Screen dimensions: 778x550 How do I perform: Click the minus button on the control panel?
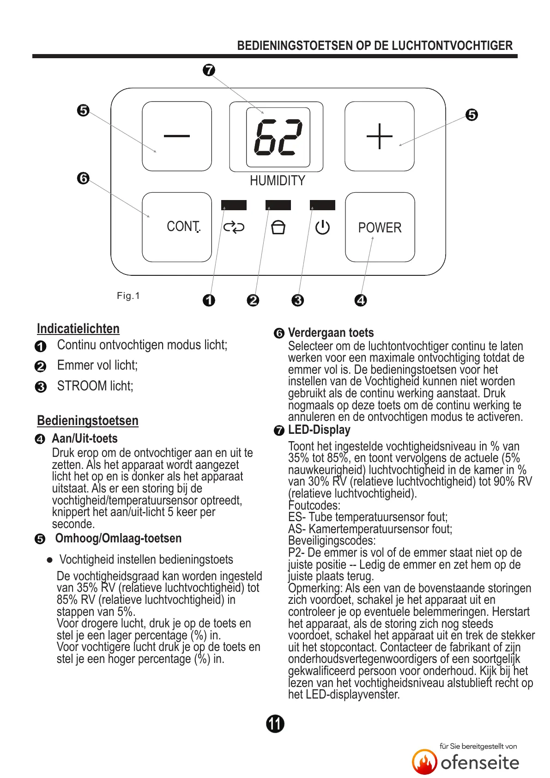tap(177, 136)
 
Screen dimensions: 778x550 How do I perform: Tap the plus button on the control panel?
tap(380, 136)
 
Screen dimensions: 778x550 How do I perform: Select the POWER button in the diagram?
tap(380, 227)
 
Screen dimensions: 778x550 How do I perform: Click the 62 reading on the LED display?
tap(278, 137)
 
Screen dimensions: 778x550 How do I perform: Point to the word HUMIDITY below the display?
tap(277, 181)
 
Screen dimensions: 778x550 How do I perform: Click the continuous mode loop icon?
tap(234, 227)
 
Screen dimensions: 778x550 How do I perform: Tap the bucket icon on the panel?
tap(278, 227)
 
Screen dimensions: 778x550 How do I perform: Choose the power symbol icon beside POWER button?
tap(322, 227)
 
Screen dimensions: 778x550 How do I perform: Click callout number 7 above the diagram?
tap(209, 70)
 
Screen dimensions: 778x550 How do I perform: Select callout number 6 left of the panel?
tap(83, 178)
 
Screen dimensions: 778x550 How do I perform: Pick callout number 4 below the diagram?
tap(361, 300)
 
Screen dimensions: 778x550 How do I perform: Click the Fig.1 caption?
tap(128, 296)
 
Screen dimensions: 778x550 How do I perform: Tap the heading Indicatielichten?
tap(78, 328)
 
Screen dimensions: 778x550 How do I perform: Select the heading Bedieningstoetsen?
tap(88, 420)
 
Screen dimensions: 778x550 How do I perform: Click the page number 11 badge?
tap(275, 723)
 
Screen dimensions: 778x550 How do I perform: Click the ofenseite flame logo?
tap(424, 762)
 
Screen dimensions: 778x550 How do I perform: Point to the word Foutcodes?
tap(314, 505)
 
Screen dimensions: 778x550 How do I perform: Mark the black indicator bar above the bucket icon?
tap(278, 205)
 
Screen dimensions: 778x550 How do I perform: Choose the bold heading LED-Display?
tap(319, 430)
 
